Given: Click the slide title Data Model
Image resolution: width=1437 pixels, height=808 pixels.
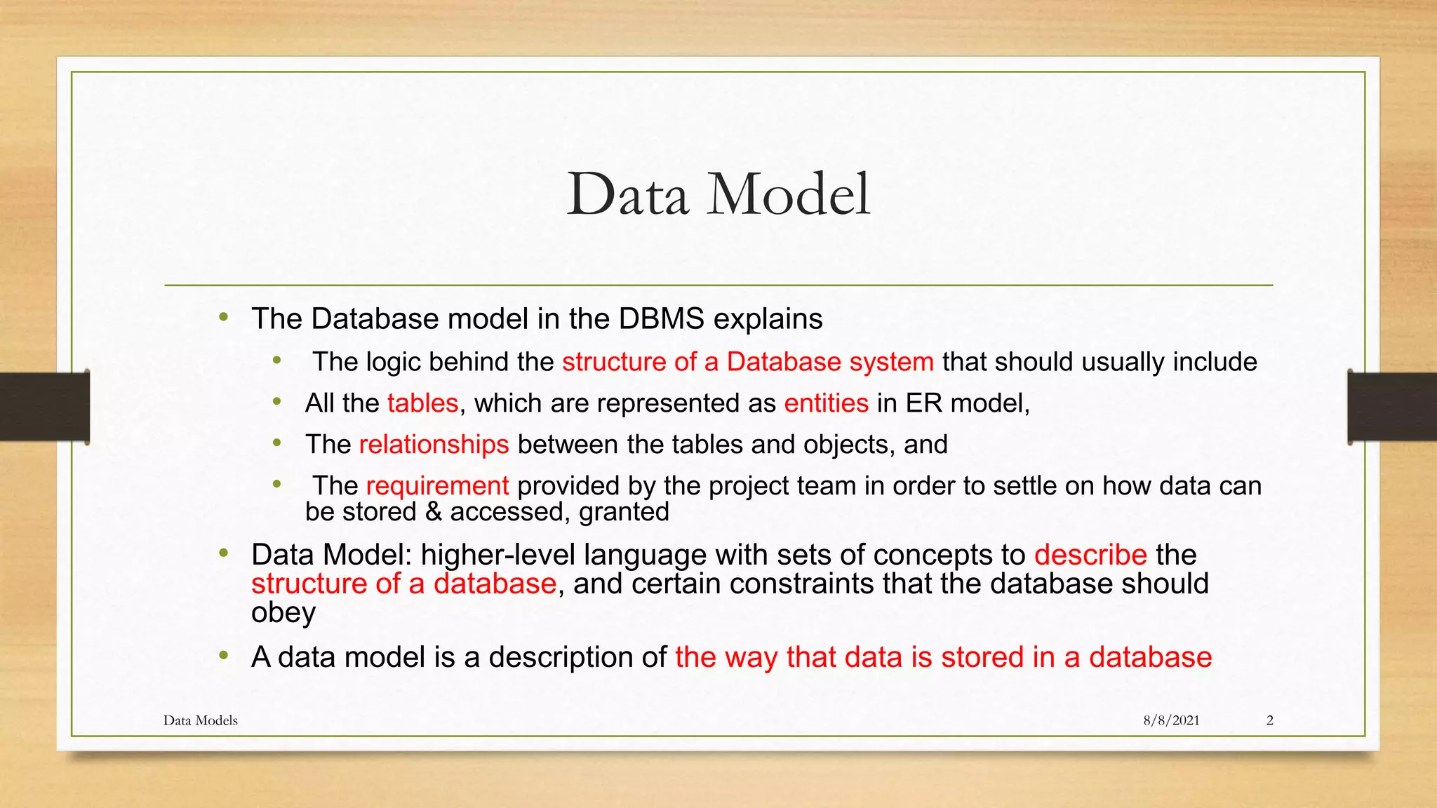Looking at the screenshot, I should [718, 194].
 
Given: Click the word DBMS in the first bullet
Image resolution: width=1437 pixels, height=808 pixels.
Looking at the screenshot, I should [661, 319].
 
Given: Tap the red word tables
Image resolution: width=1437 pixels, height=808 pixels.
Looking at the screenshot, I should [422, 403].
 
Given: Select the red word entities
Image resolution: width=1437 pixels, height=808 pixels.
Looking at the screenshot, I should [826, 403].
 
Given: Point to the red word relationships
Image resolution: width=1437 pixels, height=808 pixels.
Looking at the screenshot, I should [434, 445].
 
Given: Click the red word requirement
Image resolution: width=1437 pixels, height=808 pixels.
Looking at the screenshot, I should [437, 486].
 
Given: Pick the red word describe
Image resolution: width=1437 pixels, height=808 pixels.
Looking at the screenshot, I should [1090, 555].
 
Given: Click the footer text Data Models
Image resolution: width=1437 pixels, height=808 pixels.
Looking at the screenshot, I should [200, 720].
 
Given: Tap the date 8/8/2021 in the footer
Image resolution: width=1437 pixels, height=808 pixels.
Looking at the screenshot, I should [1171, 720].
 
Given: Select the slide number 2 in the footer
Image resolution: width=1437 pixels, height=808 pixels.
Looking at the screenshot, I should [1269, 720].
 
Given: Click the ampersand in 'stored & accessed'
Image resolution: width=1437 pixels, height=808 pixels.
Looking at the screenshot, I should [433, 512].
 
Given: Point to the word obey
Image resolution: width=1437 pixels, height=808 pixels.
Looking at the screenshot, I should [283, 613].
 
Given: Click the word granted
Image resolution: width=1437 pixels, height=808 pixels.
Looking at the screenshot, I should [624, 512].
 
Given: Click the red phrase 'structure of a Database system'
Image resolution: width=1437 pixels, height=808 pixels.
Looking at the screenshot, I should [747, 362].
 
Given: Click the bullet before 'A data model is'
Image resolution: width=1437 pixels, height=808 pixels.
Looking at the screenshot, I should [224, 656].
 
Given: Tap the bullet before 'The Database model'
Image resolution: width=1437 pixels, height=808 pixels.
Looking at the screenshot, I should [224, 317].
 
